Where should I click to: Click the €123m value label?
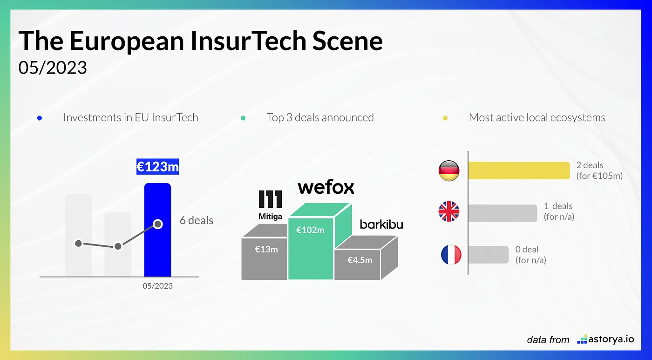pos(157,166)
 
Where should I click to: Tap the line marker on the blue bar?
pos(158,224)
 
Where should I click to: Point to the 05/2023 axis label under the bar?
pos(157,286)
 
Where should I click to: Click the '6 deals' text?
pos(197,220)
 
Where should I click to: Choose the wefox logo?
pos(326,187)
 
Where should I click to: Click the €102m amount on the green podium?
pos(310,230)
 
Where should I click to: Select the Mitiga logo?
pos(271,204)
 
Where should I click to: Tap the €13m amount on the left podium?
pos(266,249)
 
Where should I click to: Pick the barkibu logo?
pos(381,224)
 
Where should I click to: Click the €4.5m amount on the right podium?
pos(360,260)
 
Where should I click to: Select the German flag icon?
pos(449,171)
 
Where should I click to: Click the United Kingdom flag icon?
pos(449,211)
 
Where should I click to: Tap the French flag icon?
pos(451,255)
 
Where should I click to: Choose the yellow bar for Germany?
pos(519,170)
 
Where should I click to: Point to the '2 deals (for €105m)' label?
pos(599,170)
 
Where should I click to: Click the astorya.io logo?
pos(605,339)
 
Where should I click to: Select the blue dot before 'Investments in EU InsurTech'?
pos(40,118)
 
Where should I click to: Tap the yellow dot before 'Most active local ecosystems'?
pos(445,118)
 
